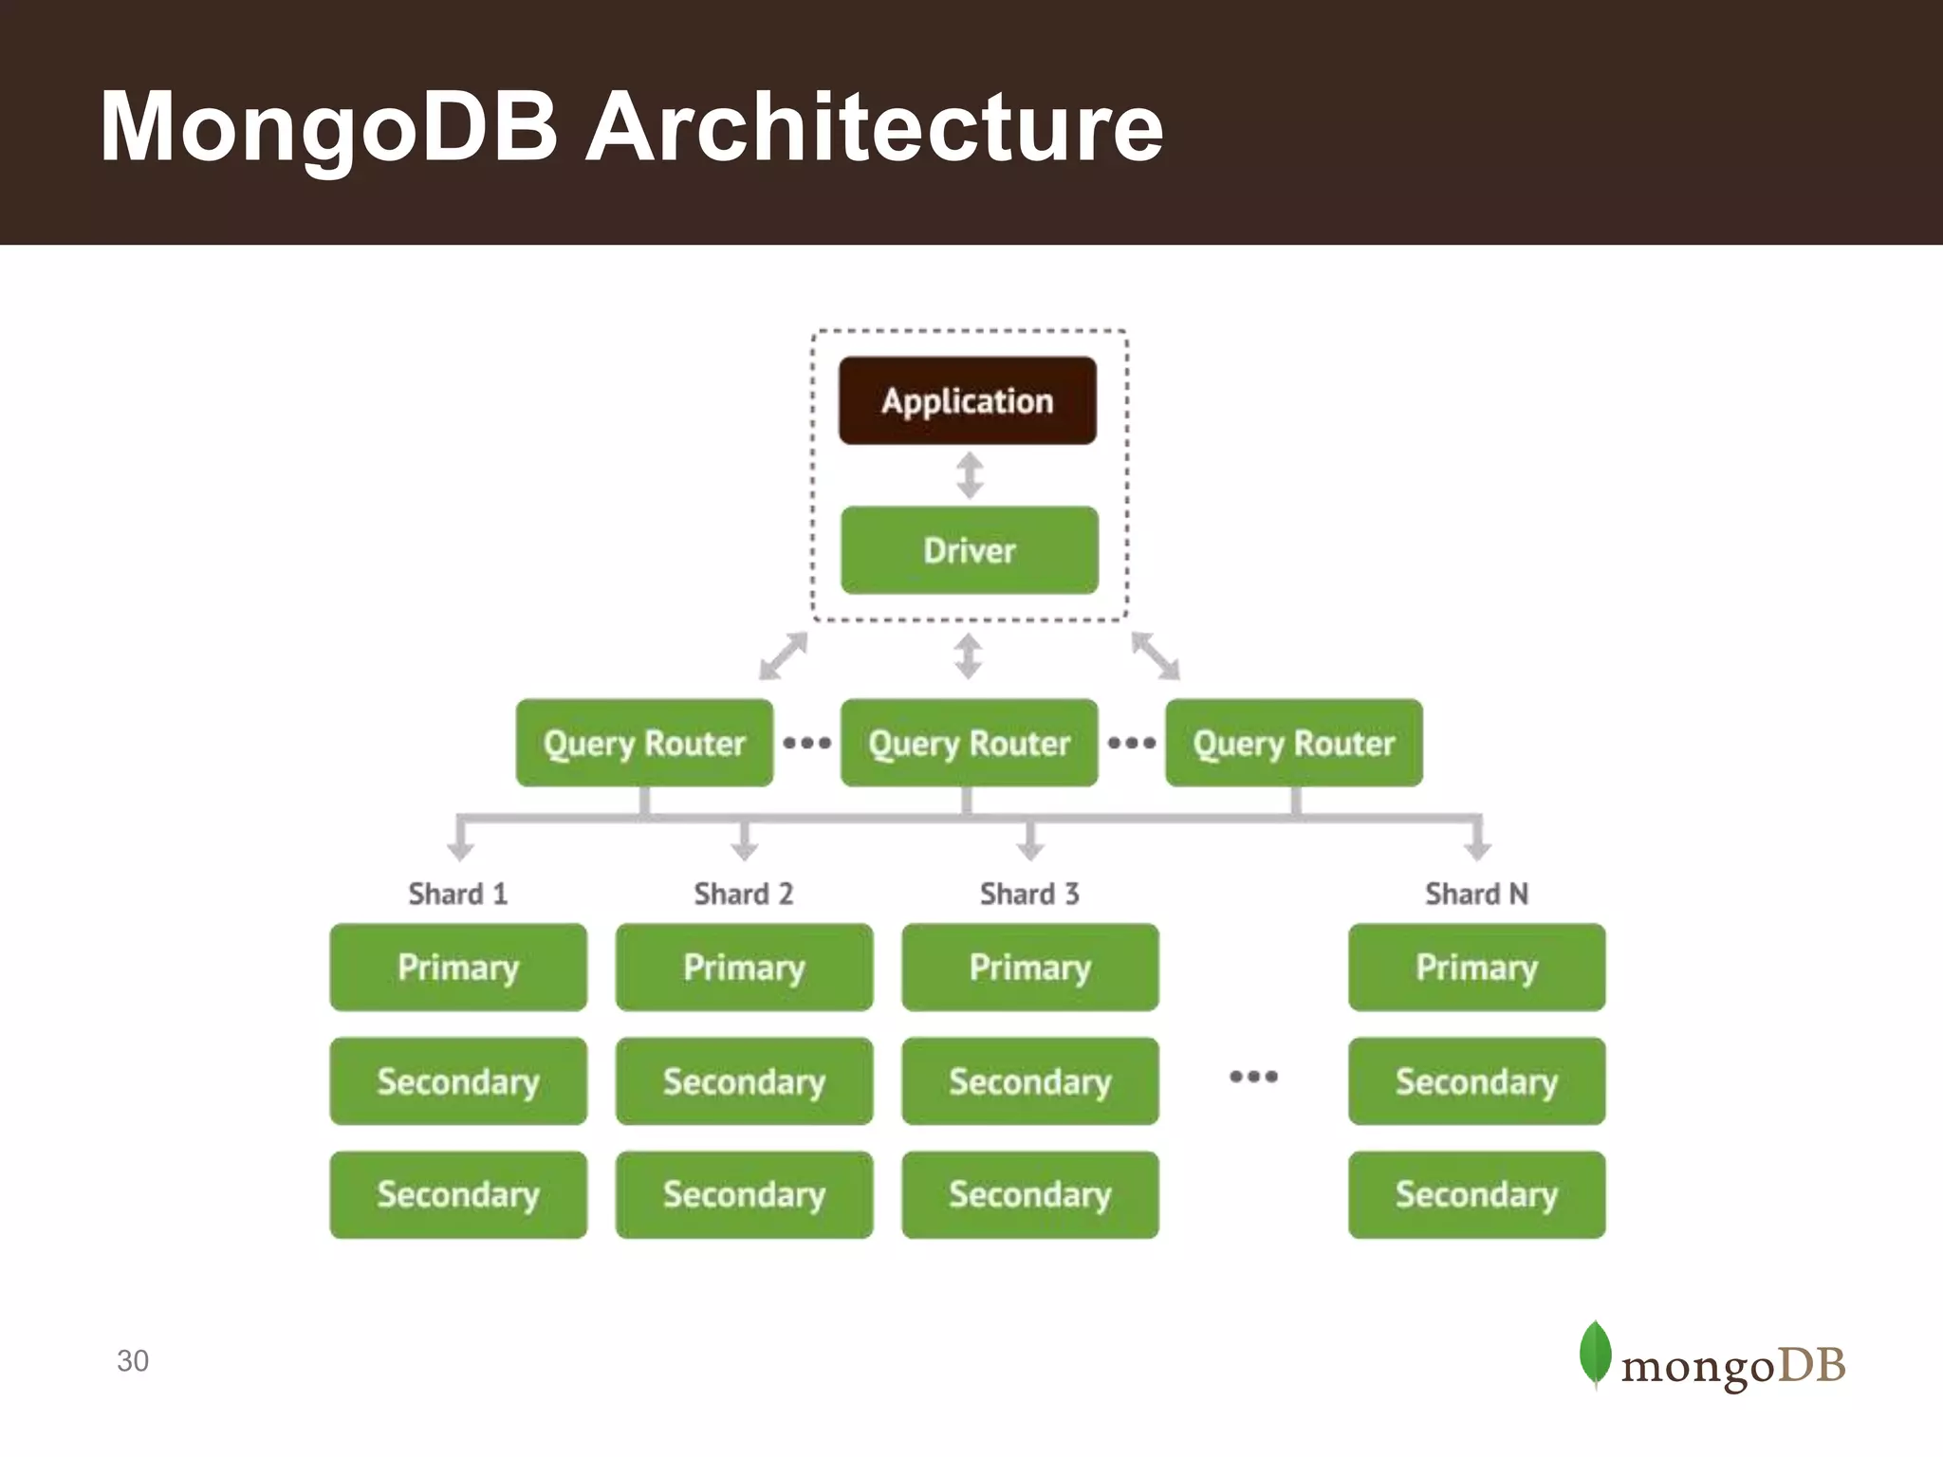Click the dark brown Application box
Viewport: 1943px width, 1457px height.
pos(967,400)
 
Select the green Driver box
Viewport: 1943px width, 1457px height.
pos(969,550)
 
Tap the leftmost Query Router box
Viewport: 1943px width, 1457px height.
pos(644,743)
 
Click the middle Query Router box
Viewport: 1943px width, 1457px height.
pos(969,743)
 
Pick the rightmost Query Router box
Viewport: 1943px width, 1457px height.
pos(1293,743)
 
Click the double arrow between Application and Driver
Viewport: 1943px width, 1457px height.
pos(969,475)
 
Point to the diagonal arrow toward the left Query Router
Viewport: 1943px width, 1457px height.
pos(783,656)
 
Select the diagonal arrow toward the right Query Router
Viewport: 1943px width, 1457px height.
pos(1156,656)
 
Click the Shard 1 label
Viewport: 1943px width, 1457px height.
pos(458,894)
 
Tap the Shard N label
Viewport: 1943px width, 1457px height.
pos(1476,894)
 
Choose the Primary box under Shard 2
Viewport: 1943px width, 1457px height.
pos(744,967)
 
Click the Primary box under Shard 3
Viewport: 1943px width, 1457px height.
pos(1029,967)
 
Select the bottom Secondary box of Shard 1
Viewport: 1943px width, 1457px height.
pos(458,1194)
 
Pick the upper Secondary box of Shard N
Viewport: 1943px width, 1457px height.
pos(1476,1081)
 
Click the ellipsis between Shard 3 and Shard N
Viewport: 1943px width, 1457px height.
pos(1253,1076)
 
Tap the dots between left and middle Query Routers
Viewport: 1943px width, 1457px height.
pos(806,743)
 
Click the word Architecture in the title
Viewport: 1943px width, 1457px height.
pos(874,127)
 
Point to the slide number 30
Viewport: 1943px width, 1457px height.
pos(133,1360)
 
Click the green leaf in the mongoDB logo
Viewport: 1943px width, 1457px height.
pos(1595,1353)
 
